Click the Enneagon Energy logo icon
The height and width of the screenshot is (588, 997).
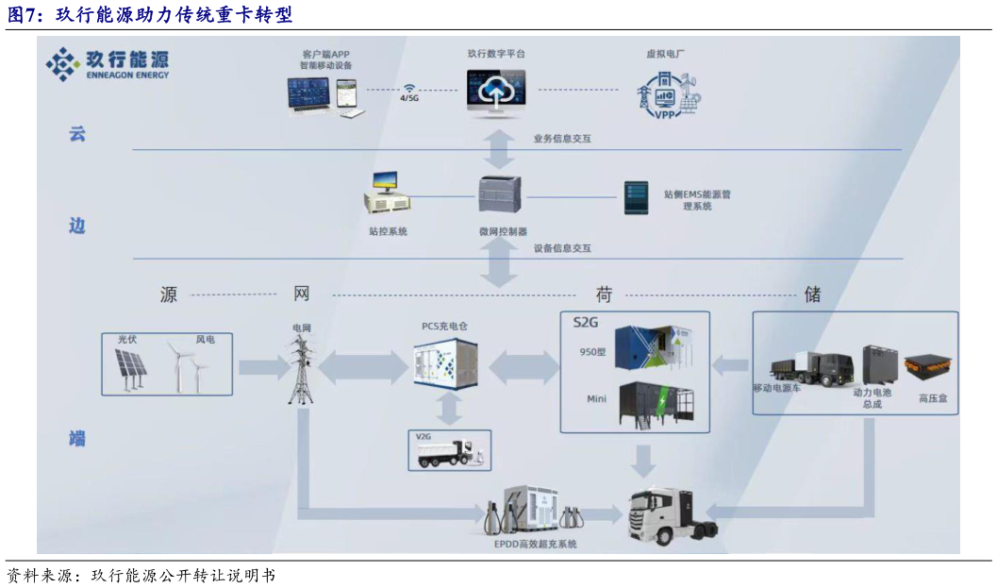(63, 64)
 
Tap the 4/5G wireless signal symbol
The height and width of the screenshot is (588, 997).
(409, 86)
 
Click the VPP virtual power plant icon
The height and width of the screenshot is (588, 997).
(668, 94)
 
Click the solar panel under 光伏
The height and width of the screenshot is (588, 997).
(130, 368)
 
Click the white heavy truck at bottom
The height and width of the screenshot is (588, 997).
(666, 516)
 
